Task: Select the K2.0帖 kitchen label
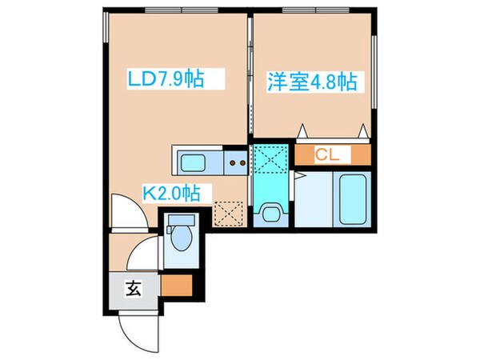tap(177, 193)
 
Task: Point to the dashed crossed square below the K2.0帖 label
tap(228, 214)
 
